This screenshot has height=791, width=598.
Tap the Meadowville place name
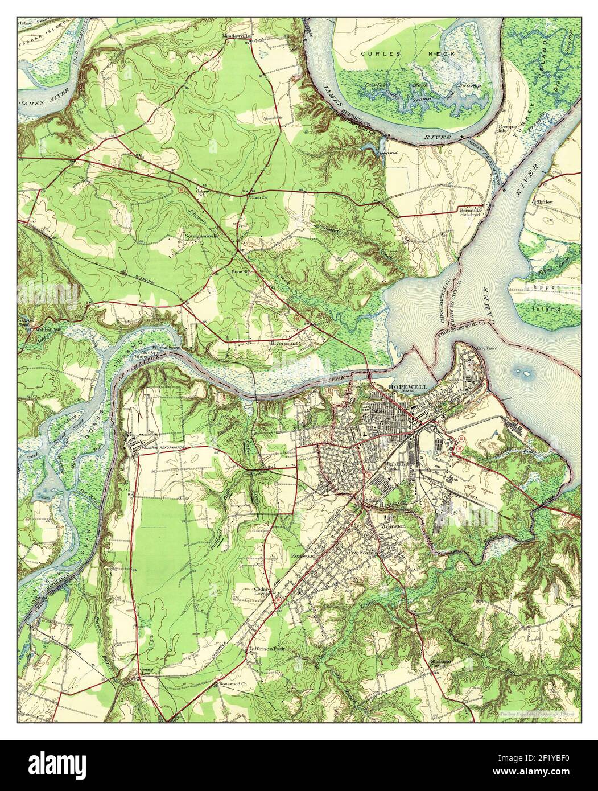[237, 36]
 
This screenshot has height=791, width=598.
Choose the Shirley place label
[545, 202]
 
